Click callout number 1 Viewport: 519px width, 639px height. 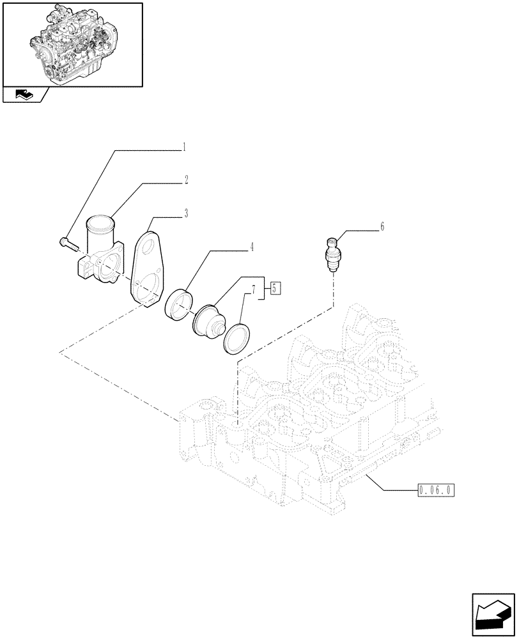click(184, 148)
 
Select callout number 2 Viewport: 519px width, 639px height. click(186, 181)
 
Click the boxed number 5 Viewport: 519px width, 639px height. click(274, 288)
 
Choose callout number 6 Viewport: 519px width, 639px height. click(382, 227)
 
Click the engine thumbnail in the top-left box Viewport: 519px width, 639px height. click(72, 43)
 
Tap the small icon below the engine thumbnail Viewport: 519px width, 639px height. click(24, 96)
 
